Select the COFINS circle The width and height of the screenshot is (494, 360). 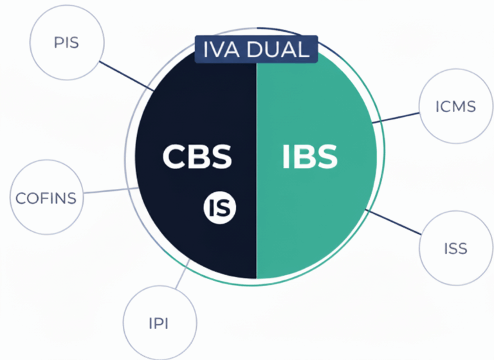coord(46,197)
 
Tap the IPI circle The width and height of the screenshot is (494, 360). coord(159,323)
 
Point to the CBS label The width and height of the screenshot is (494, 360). coord(196,156)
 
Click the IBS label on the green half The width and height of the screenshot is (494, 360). coord(309,156)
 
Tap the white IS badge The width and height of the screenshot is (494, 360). coord(220,207)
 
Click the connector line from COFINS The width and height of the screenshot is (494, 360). coord(106,191)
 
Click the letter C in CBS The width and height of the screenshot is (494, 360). coord(174,156)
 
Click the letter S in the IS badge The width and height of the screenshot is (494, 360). coord(225,207)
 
